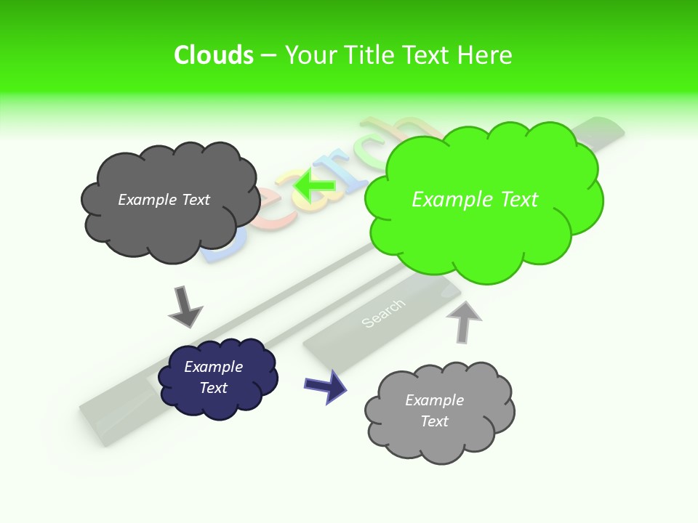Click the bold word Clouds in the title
(x=214, y=55)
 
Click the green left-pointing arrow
(x=314, y=186)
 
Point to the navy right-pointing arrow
(x=325, y=385)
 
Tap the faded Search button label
(x=382, y=312)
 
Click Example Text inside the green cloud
(x=475, y=200)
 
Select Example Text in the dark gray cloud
(x=164, y=200)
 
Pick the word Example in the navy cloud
(x=213, y=367)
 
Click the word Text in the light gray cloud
(x=434, y=421)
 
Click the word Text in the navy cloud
(x=213, y=388)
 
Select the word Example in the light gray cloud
(x=434, y=400)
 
